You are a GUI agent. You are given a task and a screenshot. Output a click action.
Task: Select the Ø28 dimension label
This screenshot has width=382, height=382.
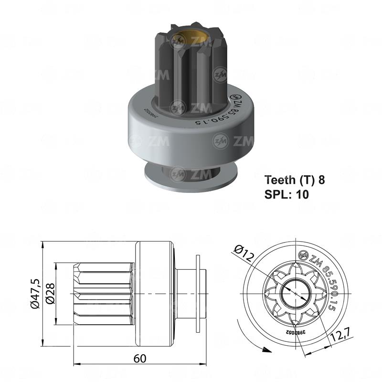50,292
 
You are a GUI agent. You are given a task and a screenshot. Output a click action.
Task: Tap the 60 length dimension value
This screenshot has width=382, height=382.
139,358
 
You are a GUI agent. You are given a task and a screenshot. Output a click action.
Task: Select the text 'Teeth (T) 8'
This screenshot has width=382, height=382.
295,180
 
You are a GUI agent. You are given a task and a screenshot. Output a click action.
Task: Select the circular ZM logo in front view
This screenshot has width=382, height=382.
302,254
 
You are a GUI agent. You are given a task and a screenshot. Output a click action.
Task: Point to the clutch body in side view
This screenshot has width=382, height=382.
154,292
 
